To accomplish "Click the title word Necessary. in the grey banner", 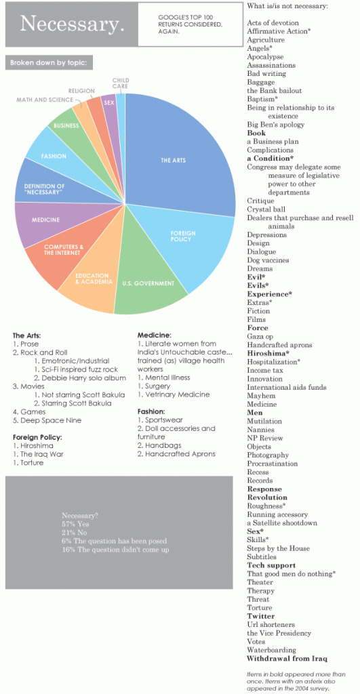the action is coord(73,24).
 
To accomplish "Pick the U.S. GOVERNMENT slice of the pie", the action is coord(148,279).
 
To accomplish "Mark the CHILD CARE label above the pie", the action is coord(120,83).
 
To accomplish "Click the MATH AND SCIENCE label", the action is coord(44,100).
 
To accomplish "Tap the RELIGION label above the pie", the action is coord(81,91).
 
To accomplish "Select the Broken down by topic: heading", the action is coord(49,62).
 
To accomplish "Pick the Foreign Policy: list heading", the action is coord(37,437).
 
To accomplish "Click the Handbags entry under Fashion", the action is coord(159,445).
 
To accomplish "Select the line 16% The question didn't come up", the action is coord(115,550).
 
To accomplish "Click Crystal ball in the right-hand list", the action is coord(266,209).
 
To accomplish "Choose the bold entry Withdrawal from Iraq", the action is coord(287,659).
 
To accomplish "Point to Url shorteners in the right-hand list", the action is coord(271,624).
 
